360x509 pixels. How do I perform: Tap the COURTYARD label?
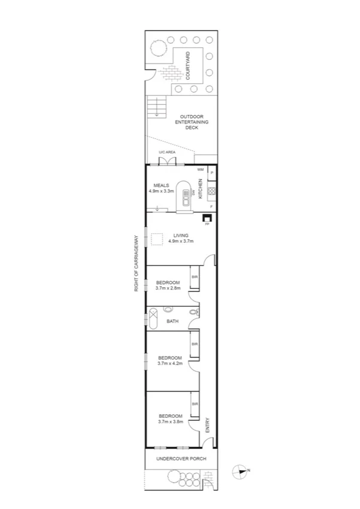(187, 66)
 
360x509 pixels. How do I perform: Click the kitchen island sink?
(186, 201)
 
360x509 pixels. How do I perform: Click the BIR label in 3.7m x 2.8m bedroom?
(194, 277)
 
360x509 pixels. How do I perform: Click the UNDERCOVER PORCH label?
(181, 459)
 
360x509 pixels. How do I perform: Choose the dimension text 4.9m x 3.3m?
(161, 191)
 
